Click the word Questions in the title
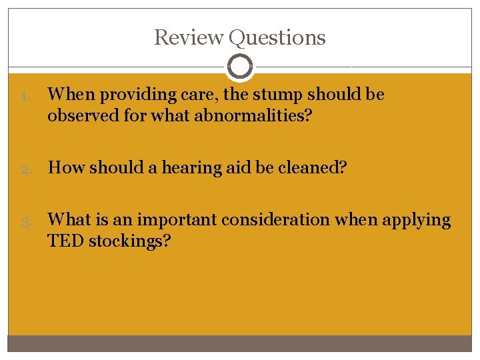tap(277, 38)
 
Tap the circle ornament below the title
tap(239, 67)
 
